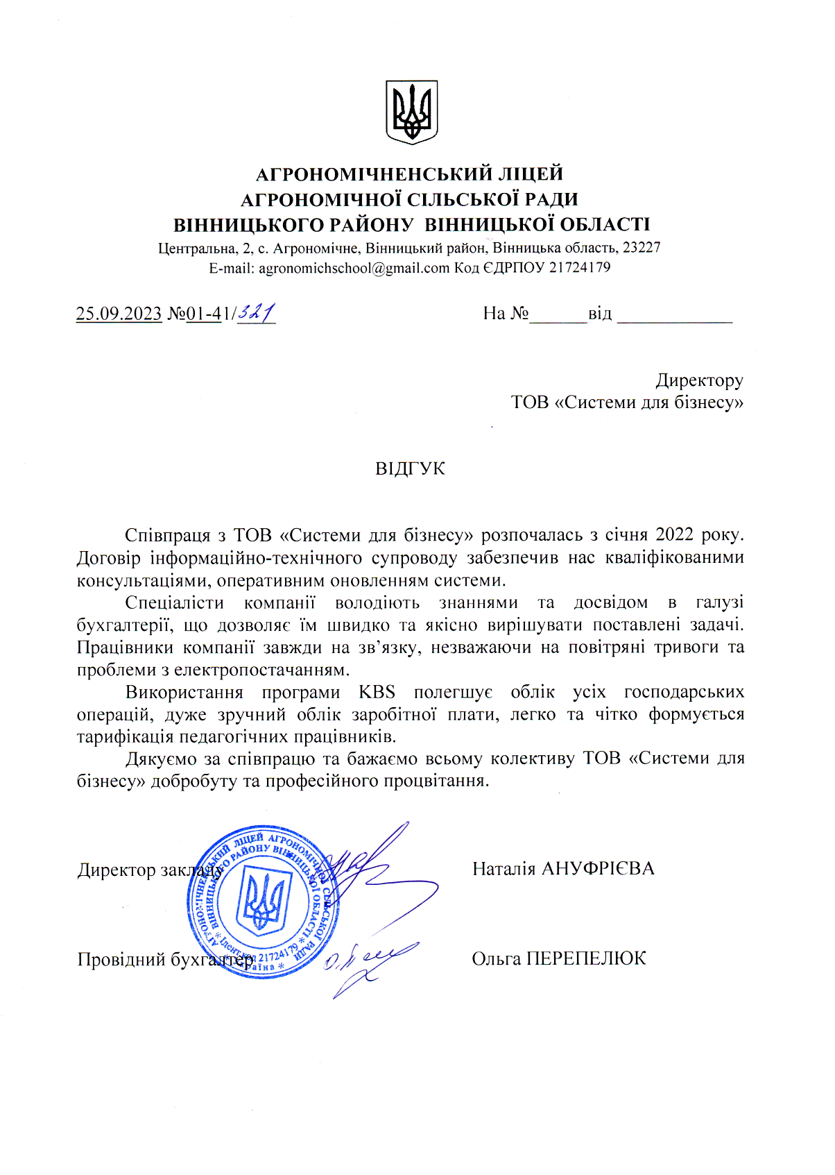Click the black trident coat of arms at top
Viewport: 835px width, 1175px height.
pyautogui.click(x=411, y=112)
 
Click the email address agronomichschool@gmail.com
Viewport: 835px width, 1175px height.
pyautogui.click(x=354, y=268)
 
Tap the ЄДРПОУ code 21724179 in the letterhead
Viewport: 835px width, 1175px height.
pyautogui.click(x=579, y=268)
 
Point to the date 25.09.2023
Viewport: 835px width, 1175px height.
pyautogui.click(x=119, y=314)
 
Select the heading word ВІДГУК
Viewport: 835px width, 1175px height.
pyautogui.click(x=410, y=468)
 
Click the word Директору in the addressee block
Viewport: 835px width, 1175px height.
pyautogui.click(x=699, y=380)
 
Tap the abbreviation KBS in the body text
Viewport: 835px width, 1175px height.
pyautogui.click(x=377, y=692)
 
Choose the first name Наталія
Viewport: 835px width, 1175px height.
pyautogui.click(x=503, y=869)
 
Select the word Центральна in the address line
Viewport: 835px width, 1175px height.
pyautogui.click(x=197, y=248)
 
